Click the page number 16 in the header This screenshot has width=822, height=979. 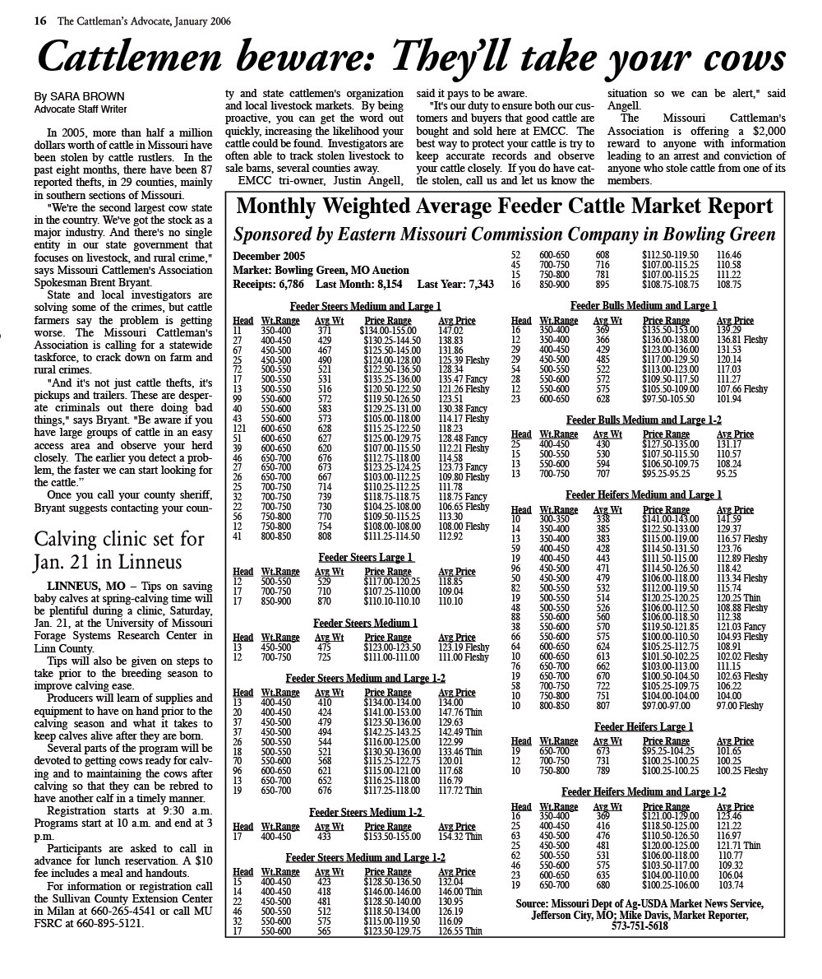pyautogui.click(x=39, y=21)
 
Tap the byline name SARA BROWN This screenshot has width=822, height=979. pyautogui.click(x=90, y=96)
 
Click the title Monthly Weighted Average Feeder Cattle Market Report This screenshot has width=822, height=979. pyautogui.click(x=504, y=206)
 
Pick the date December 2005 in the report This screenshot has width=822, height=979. pyautogui.click(x=269, y=257)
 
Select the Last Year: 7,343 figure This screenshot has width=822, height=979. pyautogui.click(x=455, y=284)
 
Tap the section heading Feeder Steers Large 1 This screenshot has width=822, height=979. pyautogui.click(x=366, y=558)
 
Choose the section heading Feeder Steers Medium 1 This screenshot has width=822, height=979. pyautogui.click(x=366, y=624)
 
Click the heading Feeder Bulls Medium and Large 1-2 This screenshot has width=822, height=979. pyautogui.click(x=644, y=420)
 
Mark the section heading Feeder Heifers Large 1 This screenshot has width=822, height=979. pyautogui.click(x=644, y=727)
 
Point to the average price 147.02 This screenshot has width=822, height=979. pyautogui.click(x=451, y=330)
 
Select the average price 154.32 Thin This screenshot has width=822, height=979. pyautogui.click(x=460, y=837)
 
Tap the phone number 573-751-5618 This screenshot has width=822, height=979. pyautogui.click(x=640, y=926)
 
